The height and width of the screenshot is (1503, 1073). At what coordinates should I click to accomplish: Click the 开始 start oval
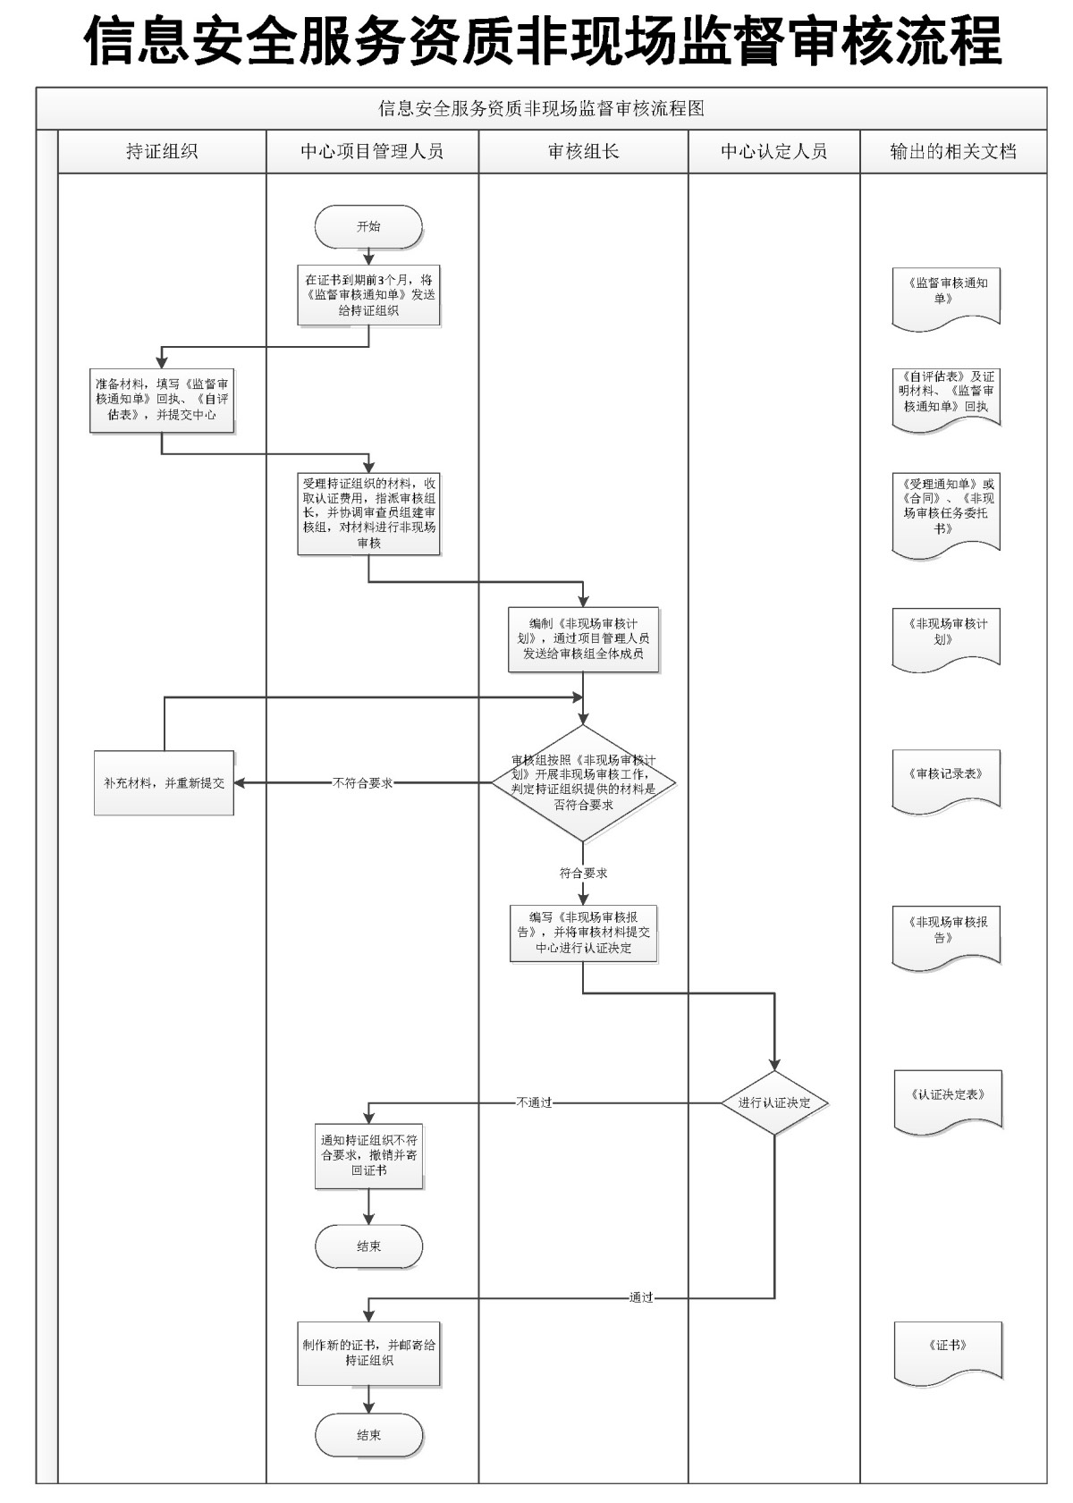(x=368, y=227)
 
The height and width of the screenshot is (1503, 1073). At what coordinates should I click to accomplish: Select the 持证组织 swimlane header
(x=162, y=151)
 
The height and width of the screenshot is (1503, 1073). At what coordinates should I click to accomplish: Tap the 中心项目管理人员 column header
(x=372, y=151)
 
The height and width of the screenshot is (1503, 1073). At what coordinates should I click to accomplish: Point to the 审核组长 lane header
(x=583, y=151)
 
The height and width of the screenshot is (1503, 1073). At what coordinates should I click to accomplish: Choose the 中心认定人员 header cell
(x=773, y=151)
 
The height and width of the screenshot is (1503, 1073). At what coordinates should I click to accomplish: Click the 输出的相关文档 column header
(x=952, y=151)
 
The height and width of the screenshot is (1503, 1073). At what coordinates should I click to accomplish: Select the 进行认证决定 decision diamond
(x=774, y=1102)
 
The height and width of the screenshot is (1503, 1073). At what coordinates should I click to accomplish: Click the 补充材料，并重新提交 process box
(x=164, y=782)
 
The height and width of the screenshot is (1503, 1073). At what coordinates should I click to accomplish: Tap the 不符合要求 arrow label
(x=362, y=782)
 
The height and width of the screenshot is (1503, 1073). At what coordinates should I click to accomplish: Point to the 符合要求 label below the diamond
(x=583, y=873)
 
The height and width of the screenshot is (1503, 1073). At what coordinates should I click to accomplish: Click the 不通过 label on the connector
(x=534, y=1102)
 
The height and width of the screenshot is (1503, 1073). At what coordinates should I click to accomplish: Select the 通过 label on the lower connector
(x=641, y=1296)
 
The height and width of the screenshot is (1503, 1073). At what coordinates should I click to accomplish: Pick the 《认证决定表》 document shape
(x=948, y=1098)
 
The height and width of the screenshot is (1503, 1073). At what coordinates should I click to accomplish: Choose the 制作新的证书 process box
(x=368, y=1353)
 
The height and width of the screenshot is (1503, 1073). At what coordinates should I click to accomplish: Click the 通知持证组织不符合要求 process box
(x=368, y=1155)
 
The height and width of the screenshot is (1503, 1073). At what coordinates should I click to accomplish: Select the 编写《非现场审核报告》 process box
(x=583, y=933)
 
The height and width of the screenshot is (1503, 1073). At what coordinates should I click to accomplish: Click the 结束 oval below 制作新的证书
(x=368, y=1434)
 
